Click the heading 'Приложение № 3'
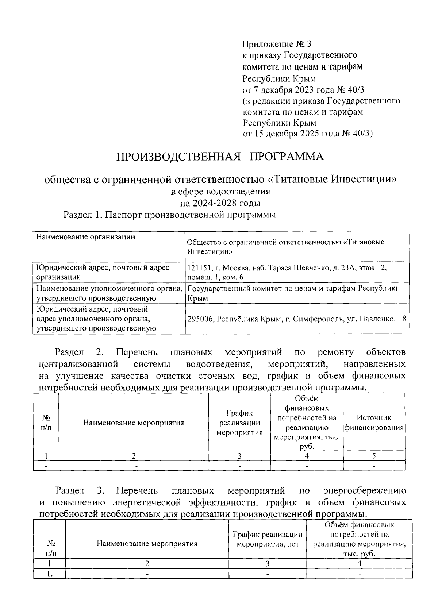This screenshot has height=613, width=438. click(x=277, y=45)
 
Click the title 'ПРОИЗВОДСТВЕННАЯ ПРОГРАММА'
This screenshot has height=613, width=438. click(x=220, y=157)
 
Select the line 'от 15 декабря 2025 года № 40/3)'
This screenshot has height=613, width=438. click(x=308, y=134)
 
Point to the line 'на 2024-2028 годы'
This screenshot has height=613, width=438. click(x=220, y=203)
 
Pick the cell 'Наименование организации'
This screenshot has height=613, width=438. click(x=85, y=237)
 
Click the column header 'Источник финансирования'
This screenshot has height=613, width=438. click(x=374, y=423)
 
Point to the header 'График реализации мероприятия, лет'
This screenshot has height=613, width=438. click(x=268, y=539)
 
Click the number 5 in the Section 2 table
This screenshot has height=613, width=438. click(x=374, y=456)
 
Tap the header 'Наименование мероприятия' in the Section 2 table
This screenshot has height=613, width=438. click(x=134, y=423)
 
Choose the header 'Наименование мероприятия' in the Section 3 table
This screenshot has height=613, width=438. click(x=147, y=544)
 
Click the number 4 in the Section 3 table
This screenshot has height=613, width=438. click(x=360, y=563)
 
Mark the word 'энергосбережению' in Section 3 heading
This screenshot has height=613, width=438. click(x=365, y=491)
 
